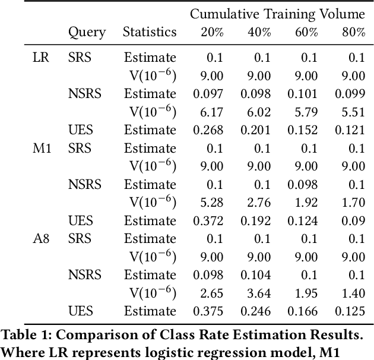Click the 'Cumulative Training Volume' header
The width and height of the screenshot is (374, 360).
click(x=277, y=14)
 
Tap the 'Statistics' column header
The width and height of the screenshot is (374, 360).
click(x=150, y=32)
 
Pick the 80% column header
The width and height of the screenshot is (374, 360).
click(x=353, y=32)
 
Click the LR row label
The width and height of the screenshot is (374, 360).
click(x=41, y=58)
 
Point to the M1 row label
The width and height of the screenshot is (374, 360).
click(x=42, y=148)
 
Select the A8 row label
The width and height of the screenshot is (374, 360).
click(x=41, y=238)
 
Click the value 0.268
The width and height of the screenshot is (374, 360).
click(x=209, y=130)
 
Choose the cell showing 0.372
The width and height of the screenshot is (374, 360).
click(x=209, y=220)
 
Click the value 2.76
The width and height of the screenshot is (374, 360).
click(x=259, y=202)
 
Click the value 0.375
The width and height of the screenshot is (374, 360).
click(x=209, y=311)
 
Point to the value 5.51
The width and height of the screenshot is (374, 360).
click(x=354, y=112)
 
